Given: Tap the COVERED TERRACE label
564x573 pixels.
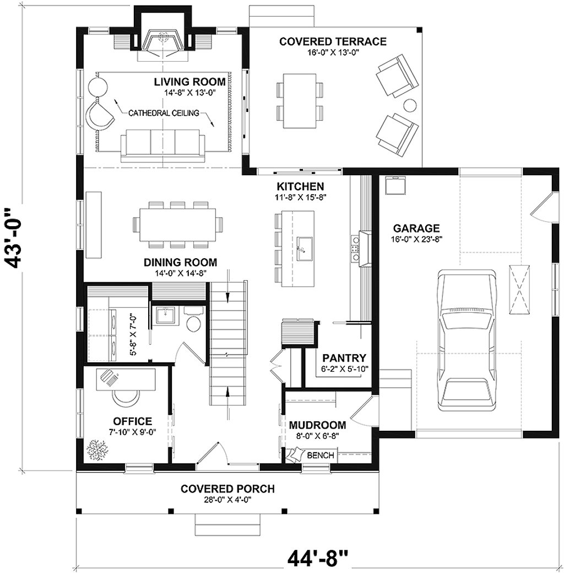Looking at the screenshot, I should pyautogui.click(x=333, y=41).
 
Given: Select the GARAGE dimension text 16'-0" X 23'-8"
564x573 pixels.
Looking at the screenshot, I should pyautogui.click(x=416, y=239).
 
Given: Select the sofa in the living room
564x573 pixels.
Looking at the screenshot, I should pyautogui.click(x=163, y=142).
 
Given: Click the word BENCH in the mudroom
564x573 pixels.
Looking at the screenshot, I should pyautogui.click(x=320, y=455).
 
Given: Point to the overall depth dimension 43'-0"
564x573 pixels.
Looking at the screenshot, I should pyautogui.click(x=17, y=238).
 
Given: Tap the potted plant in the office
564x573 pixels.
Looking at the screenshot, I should pyautogui.click(x=96, y=449).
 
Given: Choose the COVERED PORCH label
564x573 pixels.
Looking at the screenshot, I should pyautogui.click(x=227, y=489).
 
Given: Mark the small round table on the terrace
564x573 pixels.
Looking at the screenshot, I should pyautogui.click(x=410, y=104).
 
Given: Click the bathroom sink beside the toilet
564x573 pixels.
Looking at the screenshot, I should pyautogui.click(x=164, y=316).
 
